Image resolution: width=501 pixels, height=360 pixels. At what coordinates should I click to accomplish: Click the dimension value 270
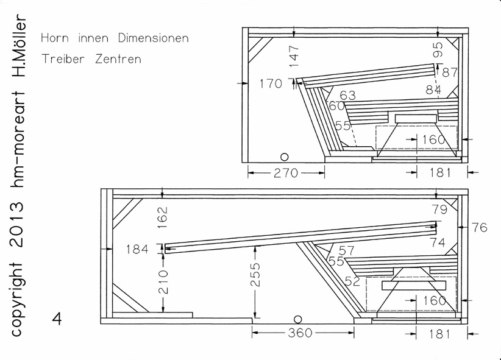(286, 173)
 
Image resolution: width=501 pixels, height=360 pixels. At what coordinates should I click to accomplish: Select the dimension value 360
(300, 333)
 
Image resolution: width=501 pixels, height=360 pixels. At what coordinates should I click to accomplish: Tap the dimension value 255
(255, 274)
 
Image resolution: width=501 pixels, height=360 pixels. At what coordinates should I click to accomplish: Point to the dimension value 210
(163, 282)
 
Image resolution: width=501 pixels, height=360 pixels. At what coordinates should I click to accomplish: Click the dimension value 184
(137, 249)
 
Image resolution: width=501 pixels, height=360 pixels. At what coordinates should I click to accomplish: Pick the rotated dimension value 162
(163, 217)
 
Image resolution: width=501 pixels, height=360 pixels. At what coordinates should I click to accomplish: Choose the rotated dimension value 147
(294, 56)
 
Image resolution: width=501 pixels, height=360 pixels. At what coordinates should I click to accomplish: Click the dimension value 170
(271, 83)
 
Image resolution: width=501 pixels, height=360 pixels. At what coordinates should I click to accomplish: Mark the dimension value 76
(479, 228)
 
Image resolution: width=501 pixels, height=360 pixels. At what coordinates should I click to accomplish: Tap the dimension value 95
(438, 49)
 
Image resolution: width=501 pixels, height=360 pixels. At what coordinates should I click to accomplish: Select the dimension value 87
(450, 72)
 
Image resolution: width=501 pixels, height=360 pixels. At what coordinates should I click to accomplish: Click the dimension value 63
(347, 95)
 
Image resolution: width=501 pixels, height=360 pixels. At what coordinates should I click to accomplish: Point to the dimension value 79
(439, 210)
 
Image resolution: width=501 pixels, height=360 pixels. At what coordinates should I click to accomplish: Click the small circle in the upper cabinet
(285, 157)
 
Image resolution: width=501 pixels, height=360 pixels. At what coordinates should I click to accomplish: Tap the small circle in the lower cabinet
(297, 319)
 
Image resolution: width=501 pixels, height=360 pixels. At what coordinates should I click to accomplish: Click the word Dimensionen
(154, 38)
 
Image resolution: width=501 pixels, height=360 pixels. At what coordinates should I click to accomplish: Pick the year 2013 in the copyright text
(17, 225)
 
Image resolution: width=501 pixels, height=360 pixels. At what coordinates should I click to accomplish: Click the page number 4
(57, 319)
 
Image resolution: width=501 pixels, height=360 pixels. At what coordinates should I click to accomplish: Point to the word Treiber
(63, 59)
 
